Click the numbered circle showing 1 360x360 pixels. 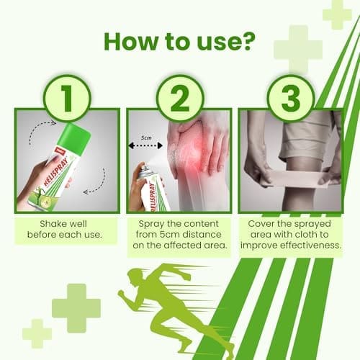coord(67,99)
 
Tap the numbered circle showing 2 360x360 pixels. coord(180,99)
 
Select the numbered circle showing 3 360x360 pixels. coord(291,99)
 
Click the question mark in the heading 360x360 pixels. coord(247,42)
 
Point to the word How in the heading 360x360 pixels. coord(132,42)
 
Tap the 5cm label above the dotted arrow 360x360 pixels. coord(146,138)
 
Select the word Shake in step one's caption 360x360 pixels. coord(53,224)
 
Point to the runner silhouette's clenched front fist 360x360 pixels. coord(122,294)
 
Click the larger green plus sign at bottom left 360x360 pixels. coord(76,308)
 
